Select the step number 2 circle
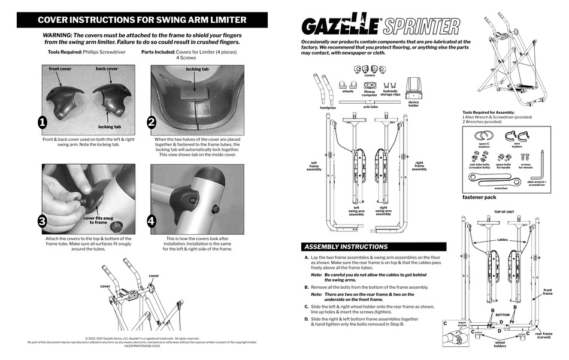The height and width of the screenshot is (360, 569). click(152, 123)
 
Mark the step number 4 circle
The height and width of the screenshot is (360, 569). click(152, 221)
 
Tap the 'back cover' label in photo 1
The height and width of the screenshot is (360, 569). click(107, 69)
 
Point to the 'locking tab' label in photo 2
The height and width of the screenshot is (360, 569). click(197, 69)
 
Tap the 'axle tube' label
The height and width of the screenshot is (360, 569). click(370, 107)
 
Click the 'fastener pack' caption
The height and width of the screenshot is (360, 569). click(479, 197)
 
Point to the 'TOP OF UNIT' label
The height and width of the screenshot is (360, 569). click(505, 212)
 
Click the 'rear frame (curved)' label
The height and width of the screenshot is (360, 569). click(544, 335)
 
